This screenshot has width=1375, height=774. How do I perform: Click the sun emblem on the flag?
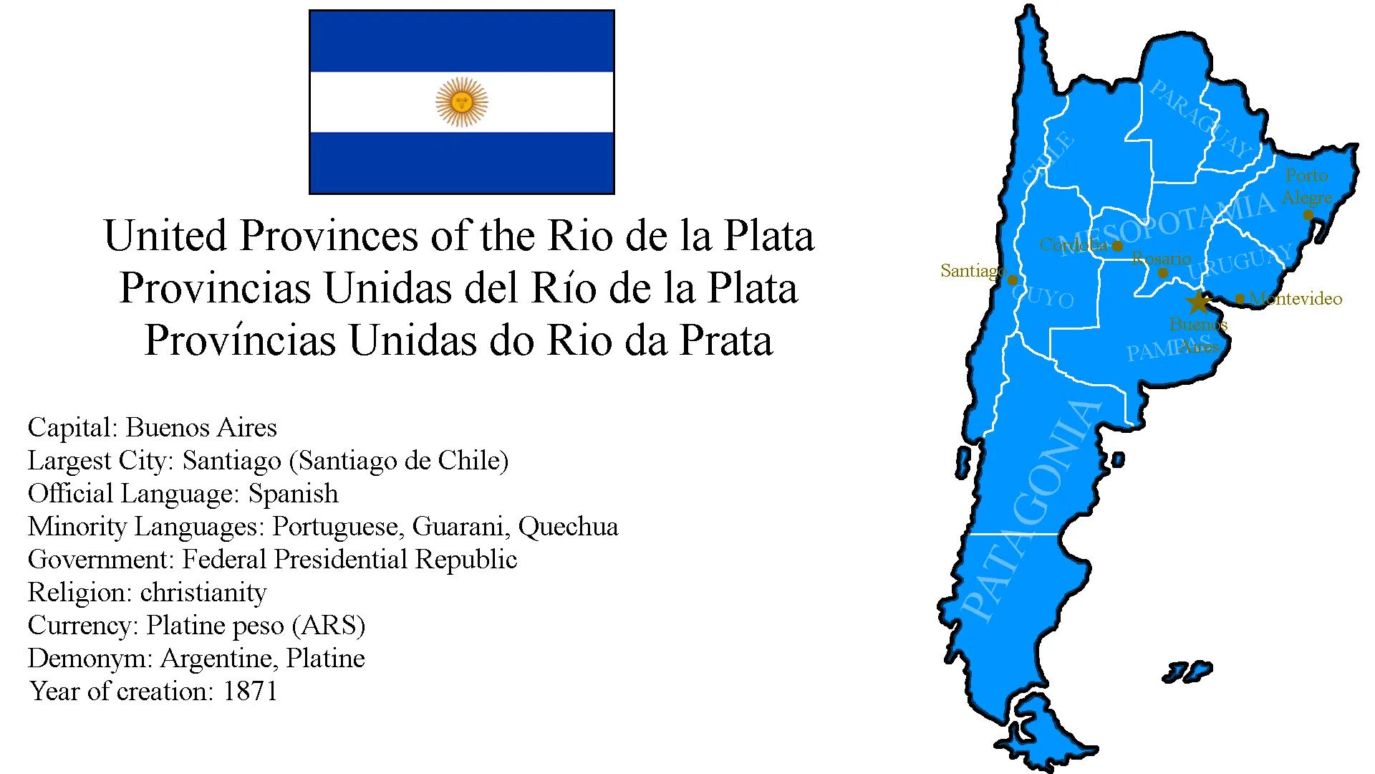(x=462, y=102)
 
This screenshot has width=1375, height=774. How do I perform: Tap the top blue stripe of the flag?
(x=462, y=42)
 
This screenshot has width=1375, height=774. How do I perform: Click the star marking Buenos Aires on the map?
(x=1197, y=302)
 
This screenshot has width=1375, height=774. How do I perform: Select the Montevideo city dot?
(x=1240, y=299)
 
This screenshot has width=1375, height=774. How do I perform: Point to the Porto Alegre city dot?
(x=1308, y=214)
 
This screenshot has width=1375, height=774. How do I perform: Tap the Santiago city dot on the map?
(x=1012, y=280)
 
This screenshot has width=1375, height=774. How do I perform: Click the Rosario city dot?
(x=1163, y=273)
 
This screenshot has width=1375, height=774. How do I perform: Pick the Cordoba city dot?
(x=1117, y=246)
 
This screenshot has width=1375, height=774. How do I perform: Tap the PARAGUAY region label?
(x=1201, y=120)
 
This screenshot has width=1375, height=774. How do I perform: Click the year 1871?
(x=250, y=692)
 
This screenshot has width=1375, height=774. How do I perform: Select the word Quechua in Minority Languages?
(x=568, y=527)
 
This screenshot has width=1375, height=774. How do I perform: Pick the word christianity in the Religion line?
(x=203, y=593)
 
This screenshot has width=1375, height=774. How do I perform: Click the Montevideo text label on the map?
(x=1295, y=299)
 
